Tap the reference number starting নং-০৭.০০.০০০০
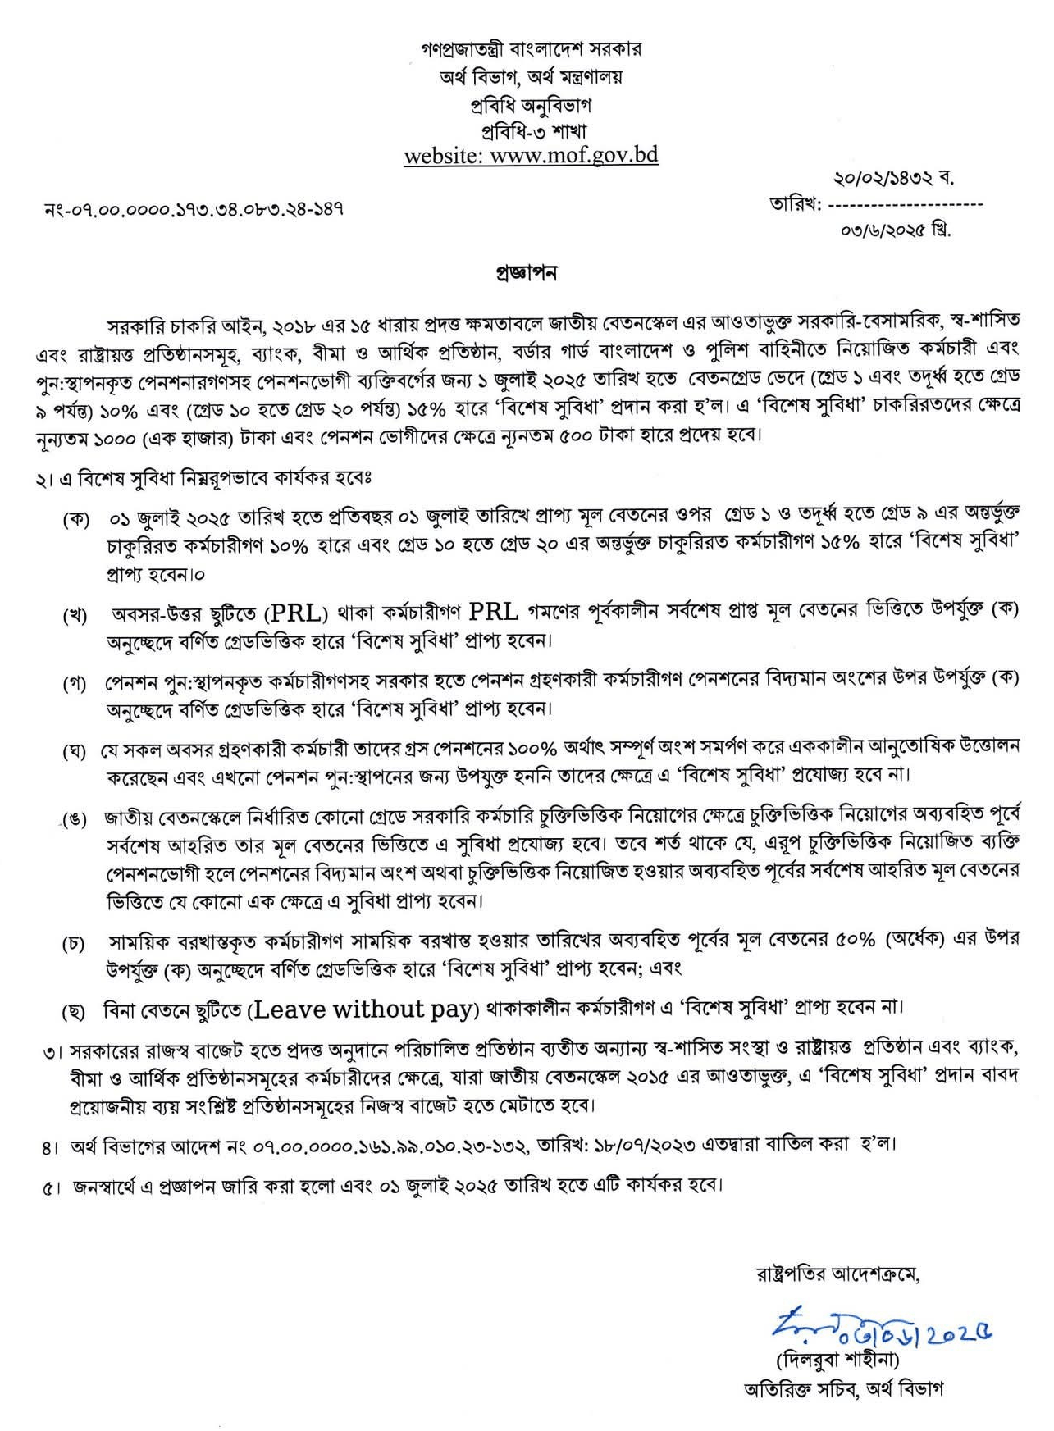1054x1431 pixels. pos(194,209)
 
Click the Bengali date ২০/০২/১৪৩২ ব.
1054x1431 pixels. pos(893,178)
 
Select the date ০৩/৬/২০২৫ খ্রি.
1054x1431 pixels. pos(896,230)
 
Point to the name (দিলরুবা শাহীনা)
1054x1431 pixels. pos(837,1360)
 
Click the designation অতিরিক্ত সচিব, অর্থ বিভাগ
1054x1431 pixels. pos(843,1389)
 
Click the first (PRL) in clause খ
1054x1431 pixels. pos(295,613)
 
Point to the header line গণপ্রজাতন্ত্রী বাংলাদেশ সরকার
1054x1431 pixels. pos(532,49)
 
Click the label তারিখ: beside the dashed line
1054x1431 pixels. pos(795,204)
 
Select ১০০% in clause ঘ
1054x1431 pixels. pos(532,749)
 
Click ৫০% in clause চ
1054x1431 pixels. pos(856,940)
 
